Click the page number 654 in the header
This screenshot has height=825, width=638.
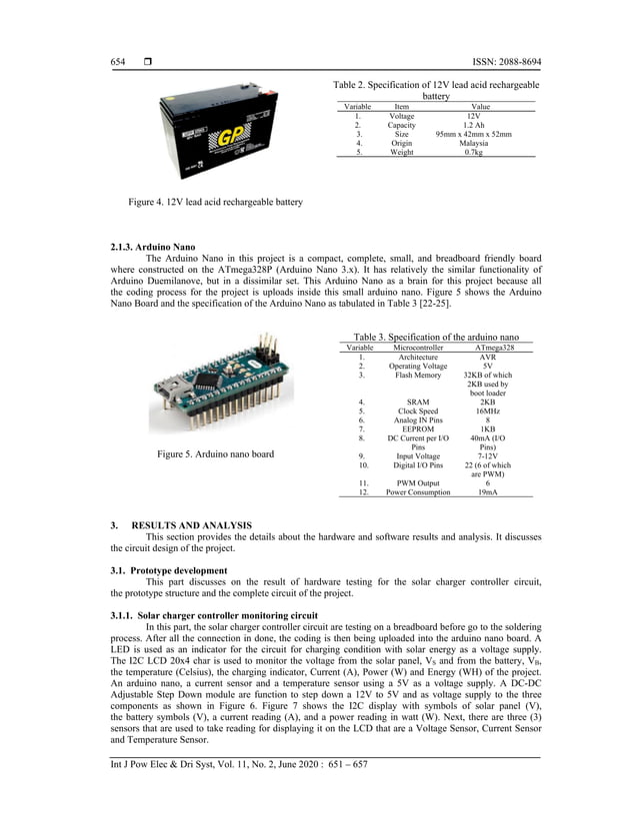click(x=117, y=62)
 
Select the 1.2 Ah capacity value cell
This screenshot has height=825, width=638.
click(x=474, y=125)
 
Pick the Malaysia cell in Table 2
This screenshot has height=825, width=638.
click(x=474, y=143)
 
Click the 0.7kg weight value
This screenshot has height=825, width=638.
click(x=474, y=152)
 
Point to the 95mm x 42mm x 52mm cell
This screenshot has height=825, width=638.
click(x=474, y=134)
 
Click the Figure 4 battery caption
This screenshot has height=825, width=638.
click(x=215, y=202)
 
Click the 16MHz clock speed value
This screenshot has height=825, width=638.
click(x=488, y=411)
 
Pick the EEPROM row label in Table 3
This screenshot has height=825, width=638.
click(x=418, y=428)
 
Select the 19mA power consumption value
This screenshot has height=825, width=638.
click(x=488, y=492)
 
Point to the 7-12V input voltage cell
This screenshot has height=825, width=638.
click(x=488, y=455)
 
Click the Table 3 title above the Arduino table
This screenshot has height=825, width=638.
click(x=437, y=337)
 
